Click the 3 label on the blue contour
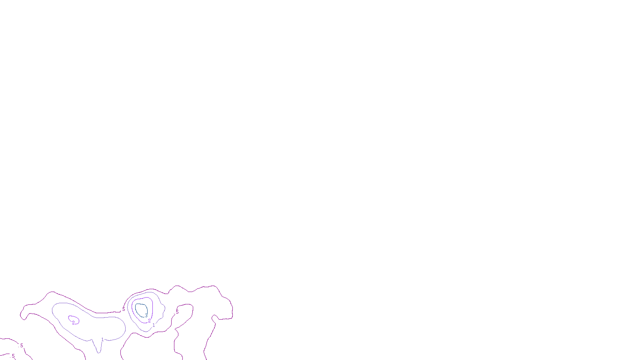pyautogui.click(x=146, y=316)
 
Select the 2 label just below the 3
pyautogui.click(x=149, y=321)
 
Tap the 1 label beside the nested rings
pyautogui.click(x=154, y=325)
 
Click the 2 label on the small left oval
pyautogui.click(x=73, y=323)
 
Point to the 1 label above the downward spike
pyautogui.click(x=102, y=340)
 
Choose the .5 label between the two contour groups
pyautogui.click(x=123, y=309)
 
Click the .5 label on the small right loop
pyautogui.click(x=177, y=312)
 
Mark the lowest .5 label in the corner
pyautogui.click(x=13, y=356)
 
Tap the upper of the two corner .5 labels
pyautogui.click(x=21, y=345)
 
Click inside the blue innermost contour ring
pyautogui.click(x=141, y=309)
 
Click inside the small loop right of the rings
pyautogui.click(x=185, y=314)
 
